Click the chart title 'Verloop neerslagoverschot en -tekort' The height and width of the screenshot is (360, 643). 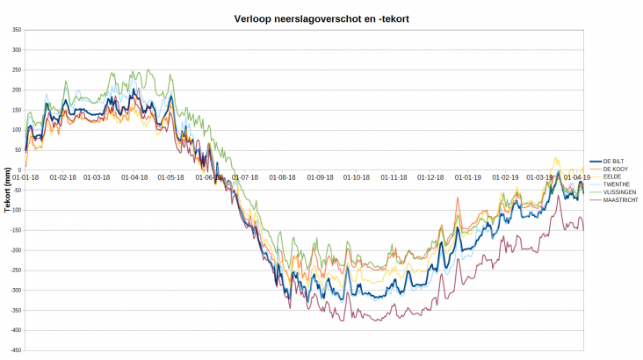tap(321, 18)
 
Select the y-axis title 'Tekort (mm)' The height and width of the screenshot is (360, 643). tap(7, 189)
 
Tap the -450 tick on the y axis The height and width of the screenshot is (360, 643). tap(16, 350)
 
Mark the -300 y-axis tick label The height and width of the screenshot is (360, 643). tap(16, 291)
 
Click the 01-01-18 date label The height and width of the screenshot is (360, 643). tap(26, 177)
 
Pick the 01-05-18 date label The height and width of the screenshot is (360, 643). tap(170, 177)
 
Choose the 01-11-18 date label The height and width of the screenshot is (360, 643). tap(394, 177)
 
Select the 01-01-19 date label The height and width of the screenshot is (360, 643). tap(468, 177)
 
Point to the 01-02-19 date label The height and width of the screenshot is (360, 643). tap(506, 177)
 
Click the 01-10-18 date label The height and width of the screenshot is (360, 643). tap(356, 177)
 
